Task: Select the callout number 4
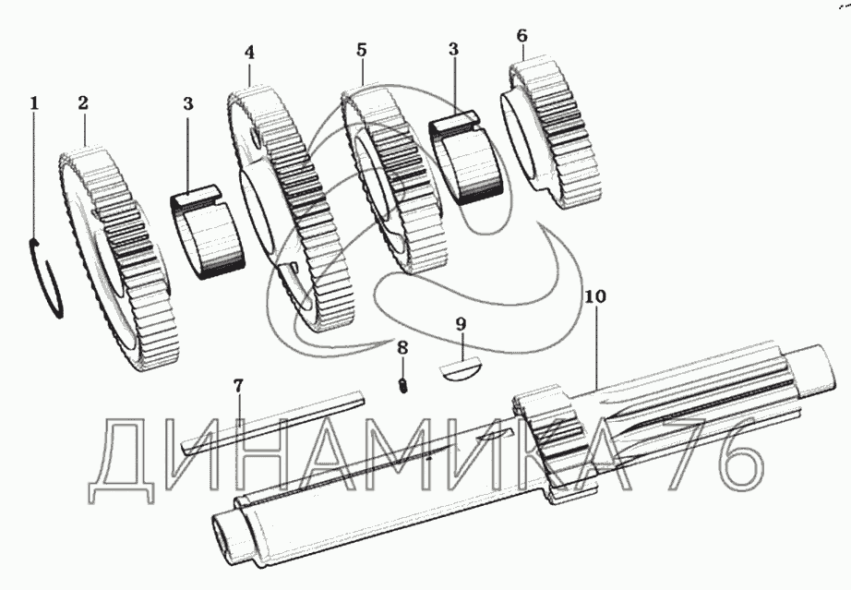click(249, 53)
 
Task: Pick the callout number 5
click(361, 49)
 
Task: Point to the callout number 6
click(522, 35)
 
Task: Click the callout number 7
click(238, 385)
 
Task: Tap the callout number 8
click(402, 348)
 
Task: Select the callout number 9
click(461, 324)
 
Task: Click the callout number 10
click(594, 297)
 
